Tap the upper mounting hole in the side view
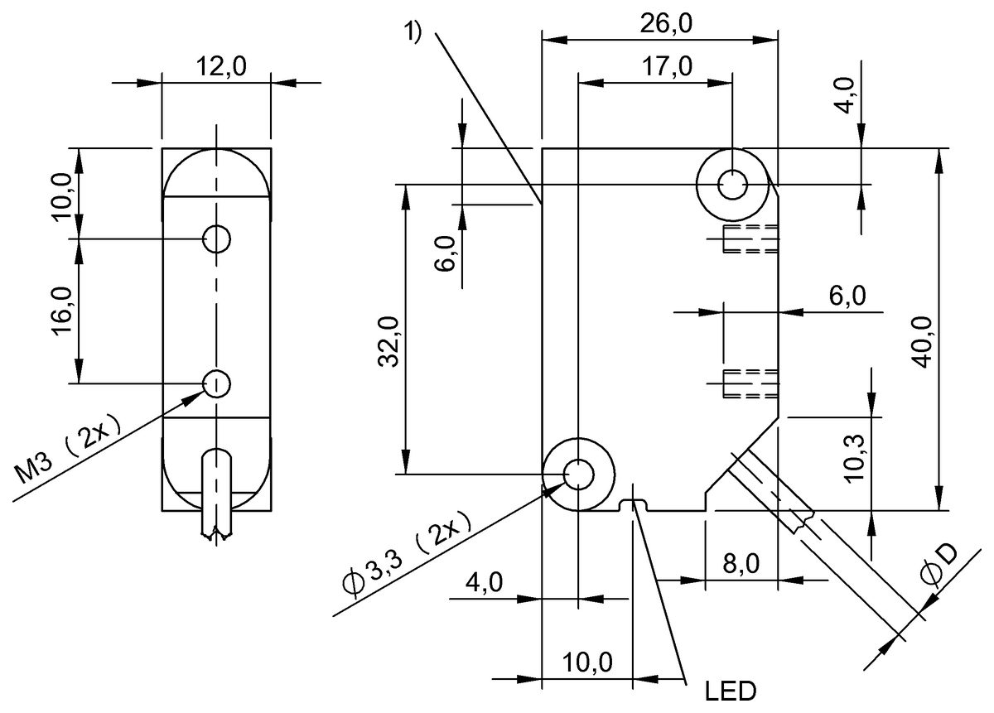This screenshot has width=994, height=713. coord(732,184)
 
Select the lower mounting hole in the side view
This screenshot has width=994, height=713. coord(577,475)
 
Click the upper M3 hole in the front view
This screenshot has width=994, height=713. coord(217,239)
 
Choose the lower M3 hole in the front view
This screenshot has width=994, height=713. coord(217,383)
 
